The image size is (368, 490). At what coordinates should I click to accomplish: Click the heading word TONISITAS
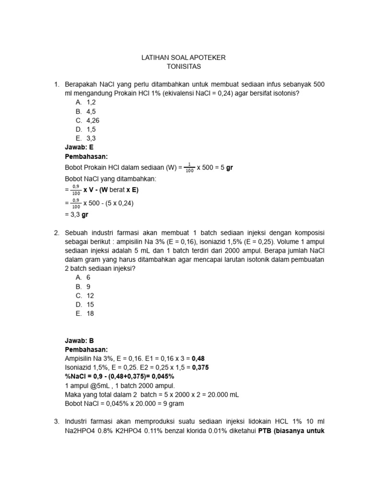184,67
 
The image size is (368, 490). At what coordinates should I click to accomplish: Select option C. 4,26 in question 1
88,120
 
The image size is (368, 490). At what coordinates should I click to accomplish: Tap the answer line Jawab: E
79,147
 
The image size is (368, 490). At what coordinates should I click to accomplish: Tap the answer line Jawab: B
79,341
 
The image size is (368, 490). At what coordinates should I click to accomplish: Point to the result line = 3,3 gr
76,215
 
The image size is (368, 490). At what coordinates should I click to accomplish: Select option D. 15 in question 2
85,304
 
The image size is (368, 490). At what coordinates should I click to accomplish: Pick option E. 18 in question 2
85,313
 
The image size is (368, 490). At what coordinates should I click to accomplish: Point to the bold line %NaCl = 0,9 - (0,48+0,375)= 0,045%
119,377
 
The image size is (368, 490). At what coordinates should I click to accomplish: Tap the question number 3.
56,421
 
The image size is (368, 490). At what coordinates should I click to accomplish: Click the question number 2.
56,232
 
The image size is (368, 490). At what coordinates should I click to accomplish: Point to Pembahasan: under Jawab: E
86,156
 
